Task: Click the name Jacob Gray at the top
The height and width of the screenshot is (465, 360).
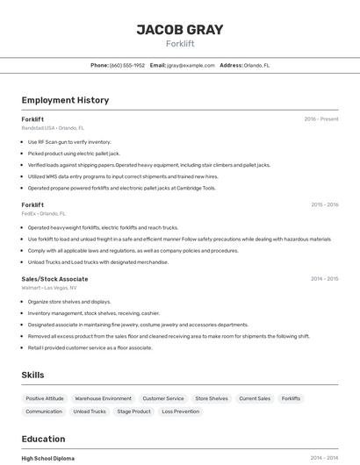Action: click(180, 30)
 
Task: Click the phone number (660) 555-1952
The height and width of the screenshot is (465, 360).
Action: click(127, 65)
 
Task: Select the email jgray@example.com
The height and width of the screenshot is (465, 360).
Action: click(191, 65)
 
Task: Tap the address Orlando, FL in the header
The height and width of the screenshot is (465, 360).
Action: click(256, 65)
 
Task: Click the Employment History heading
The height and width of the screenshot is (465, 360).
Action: click(65, 100)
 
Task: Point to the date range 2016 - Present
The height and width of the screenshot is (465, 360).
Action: click(320, 119)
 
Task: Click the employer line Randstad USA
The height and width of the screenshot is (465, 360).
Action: click(53, 128)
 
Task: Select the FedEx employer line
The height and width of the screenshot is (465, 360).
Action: click(43, 213)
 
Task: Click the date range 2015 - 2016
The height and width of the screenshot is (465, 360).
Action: click(324, 204)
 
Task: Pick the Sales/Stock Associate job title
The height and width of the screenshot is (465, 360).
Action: click(54, 279)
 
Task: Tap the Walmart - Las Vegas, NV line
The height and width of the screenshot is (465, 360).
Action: click(48, 288)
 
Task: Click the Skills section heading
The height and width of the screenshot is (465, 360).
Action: click(32, 375)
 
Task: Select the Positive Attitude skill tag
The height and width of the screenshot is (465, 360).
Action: click(45, 398)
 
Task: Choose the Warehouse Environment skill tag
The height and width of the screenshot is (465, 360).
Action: click(103, 398)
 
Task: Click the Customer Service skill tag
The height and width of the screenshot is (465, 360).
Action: click(163, 398)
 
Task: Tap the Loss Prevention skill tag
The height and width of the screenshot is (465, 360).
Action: click(181, 411)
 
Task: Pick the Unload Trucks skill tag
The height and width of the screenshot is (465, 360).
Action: click(90, 411)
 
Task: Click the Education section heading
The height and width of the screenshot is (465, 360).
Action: click(43, 439)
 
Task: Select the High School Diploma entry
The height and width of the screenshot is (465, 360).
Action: click(47, 458)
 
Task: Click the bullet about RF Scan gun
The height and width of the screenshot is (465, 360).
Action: click(69, 141)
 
